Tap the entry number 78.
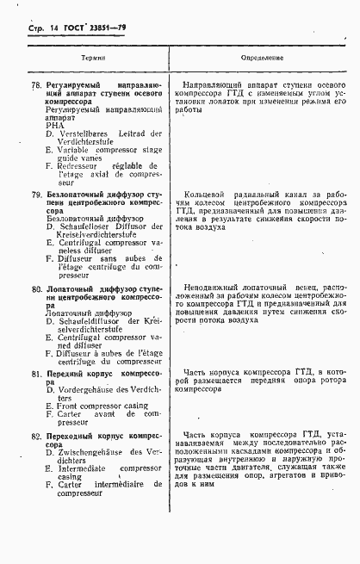click(x=37, y=87)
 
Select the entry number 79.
click(x=37, y=195)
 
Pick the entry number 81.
click(x=37, y=374)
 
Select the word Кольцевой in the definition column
click(x=209, y=195)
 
